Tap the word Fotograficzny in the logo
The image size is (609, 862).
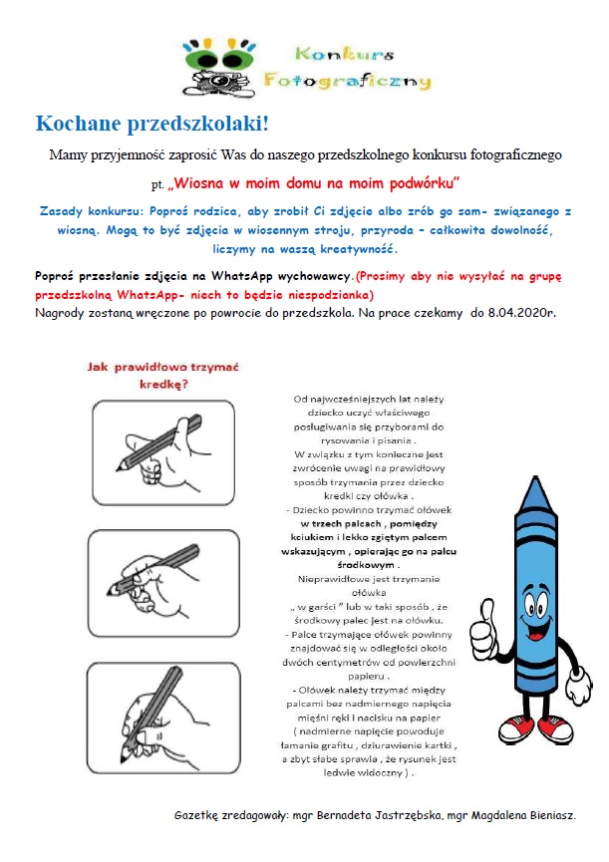pyautogui.click(x=347, y=80)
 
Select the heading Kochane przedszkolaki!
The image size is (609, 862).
pyautogui.click(x=152, y=124)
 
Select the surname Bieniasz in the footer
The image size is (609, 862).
pyautogui.click(x=548, y=815)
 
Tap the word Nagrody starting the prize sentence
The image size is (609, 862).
pyautogui.click(x=64, y=312)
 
